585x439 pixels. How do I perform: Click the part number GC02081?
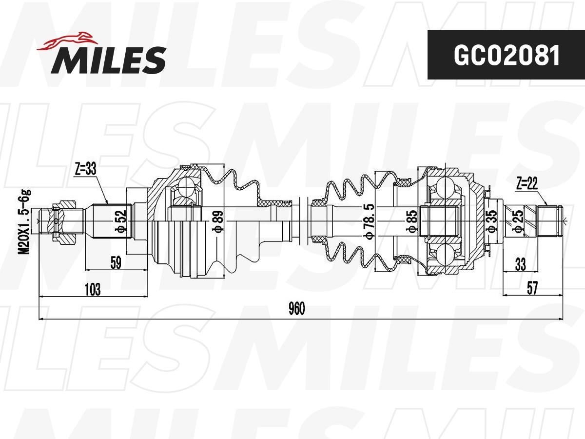pos(506,55)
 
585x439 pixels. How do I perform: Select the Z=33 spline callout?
pos(85,169)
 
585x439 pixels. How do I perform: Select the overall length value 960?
pos(296,309)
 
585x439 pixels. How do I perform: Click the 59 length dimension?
pos(116,263)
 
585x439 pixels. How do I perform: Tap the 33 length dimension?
pos(521,264)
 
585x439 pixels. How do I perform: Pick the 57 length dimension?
pos(532,288)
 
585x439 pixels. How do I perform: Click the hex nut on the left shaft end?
pos(63,222)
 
